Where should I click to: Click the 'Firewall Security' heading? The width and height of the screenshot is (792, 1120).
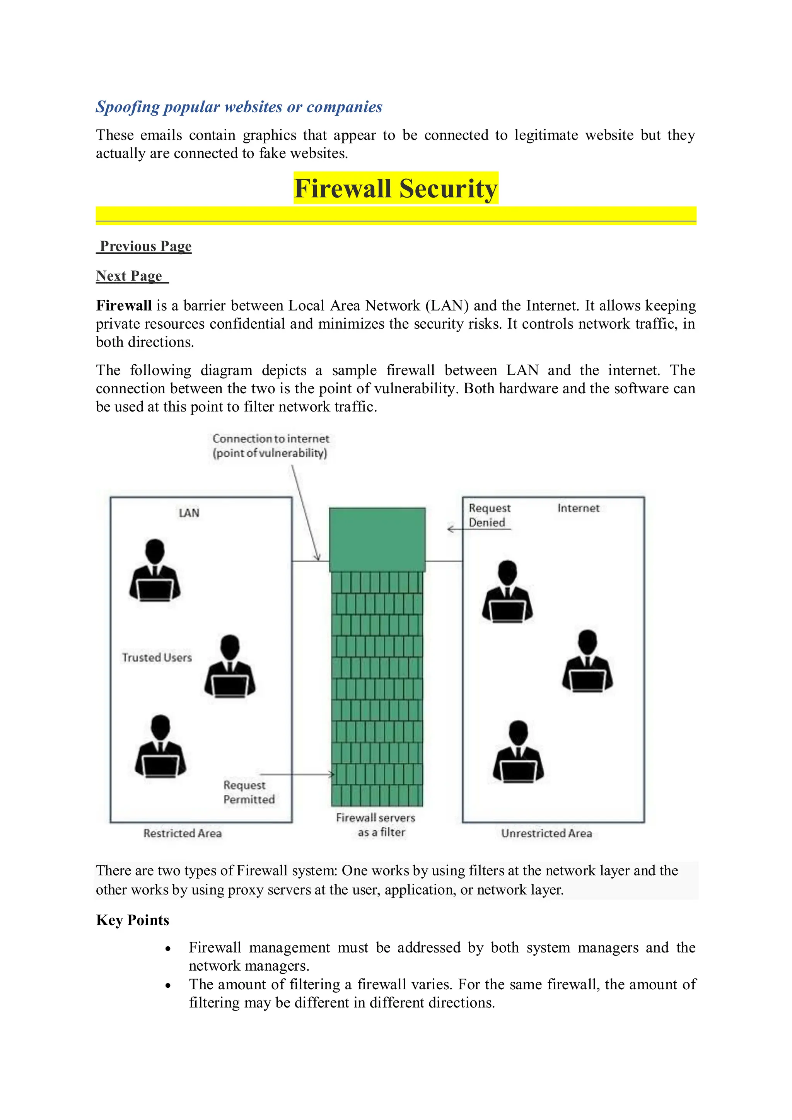point(396,188)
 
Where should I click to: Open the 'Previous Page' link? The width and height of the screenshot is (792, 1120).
point(145,246)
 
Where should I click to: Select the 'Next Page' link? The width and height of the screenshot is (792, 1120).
point(129,276)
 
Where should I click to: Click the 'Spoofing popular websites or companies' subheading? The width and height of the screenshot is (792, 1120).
point(239,107)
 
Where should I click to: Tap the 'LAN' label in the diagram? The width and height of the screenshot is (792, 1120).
point(189,513)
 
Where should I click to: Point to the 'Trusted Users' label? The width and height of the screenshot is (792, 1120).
point(157,657)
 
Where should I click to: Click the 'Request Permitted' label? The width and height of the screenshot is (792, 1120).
point(249,792)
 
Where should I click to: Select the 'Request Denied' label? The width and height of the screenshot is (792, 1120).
point(489,515)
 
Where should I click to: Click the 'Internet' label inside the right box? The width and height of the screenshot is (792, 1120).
point(579,508)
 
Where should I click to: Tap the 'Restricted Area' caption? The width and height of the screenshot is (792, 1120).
point(183,833)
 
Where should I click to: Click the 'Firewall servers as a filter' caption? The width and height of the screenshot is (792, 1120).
point(376,825)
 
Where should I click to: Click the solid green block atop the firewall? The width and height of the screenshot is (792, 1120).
point(377,539)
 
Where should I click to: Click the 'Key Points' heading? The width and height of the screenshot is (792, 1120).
point(133,920)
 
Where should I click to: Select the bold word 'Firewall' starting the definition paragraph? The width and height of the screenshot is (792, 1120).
point(124,306)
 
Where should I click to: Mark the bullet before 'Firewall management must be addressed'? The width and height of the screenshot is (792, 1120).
point(168,949)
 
